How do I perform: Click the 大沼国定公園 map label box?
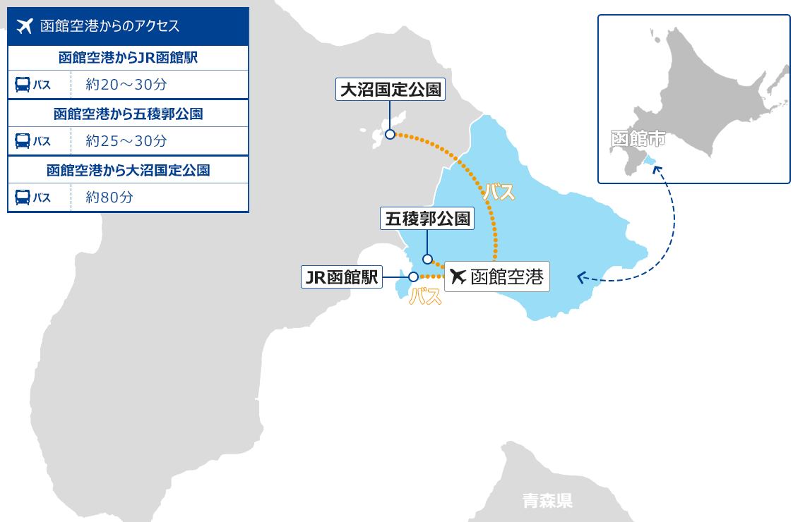click(390, 90)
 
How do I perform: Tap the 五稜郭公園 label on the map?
click(427, 219)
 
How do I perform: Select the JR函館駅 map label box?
click(341, 277)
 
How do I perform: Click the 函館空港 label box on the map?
click(496, 277)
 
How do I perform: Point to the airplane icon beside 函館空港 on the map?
click(458, 277)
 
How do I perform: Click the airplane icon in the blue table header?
click(25, 27)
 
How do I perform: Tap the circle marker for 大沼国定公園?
click(390, 134)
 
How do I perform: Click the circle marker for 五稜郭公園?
click(427, 259)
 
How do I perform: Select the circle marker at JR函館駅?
click(414, 277)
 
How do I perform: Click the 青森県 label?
click(547, 501)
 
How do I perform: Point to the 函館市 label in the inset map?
click(638, 138)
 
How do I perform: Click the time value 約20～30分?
click(126, 85)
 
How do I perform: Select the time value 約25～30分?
click(126, 141)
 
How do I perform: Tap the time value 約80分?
click(109, 198)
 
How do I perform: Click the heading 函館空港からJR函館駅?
click(128, 58)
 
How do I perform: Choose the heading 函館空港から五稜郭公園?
click(128, 114)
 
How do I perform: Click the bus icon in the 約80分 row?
click(23, 198)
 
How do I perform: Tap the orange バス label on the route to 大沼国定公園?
click(499, 192)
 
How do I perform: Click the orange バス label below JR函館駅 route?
click(425, 297)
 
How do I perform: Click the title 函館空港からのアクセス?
click(110, 27)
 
